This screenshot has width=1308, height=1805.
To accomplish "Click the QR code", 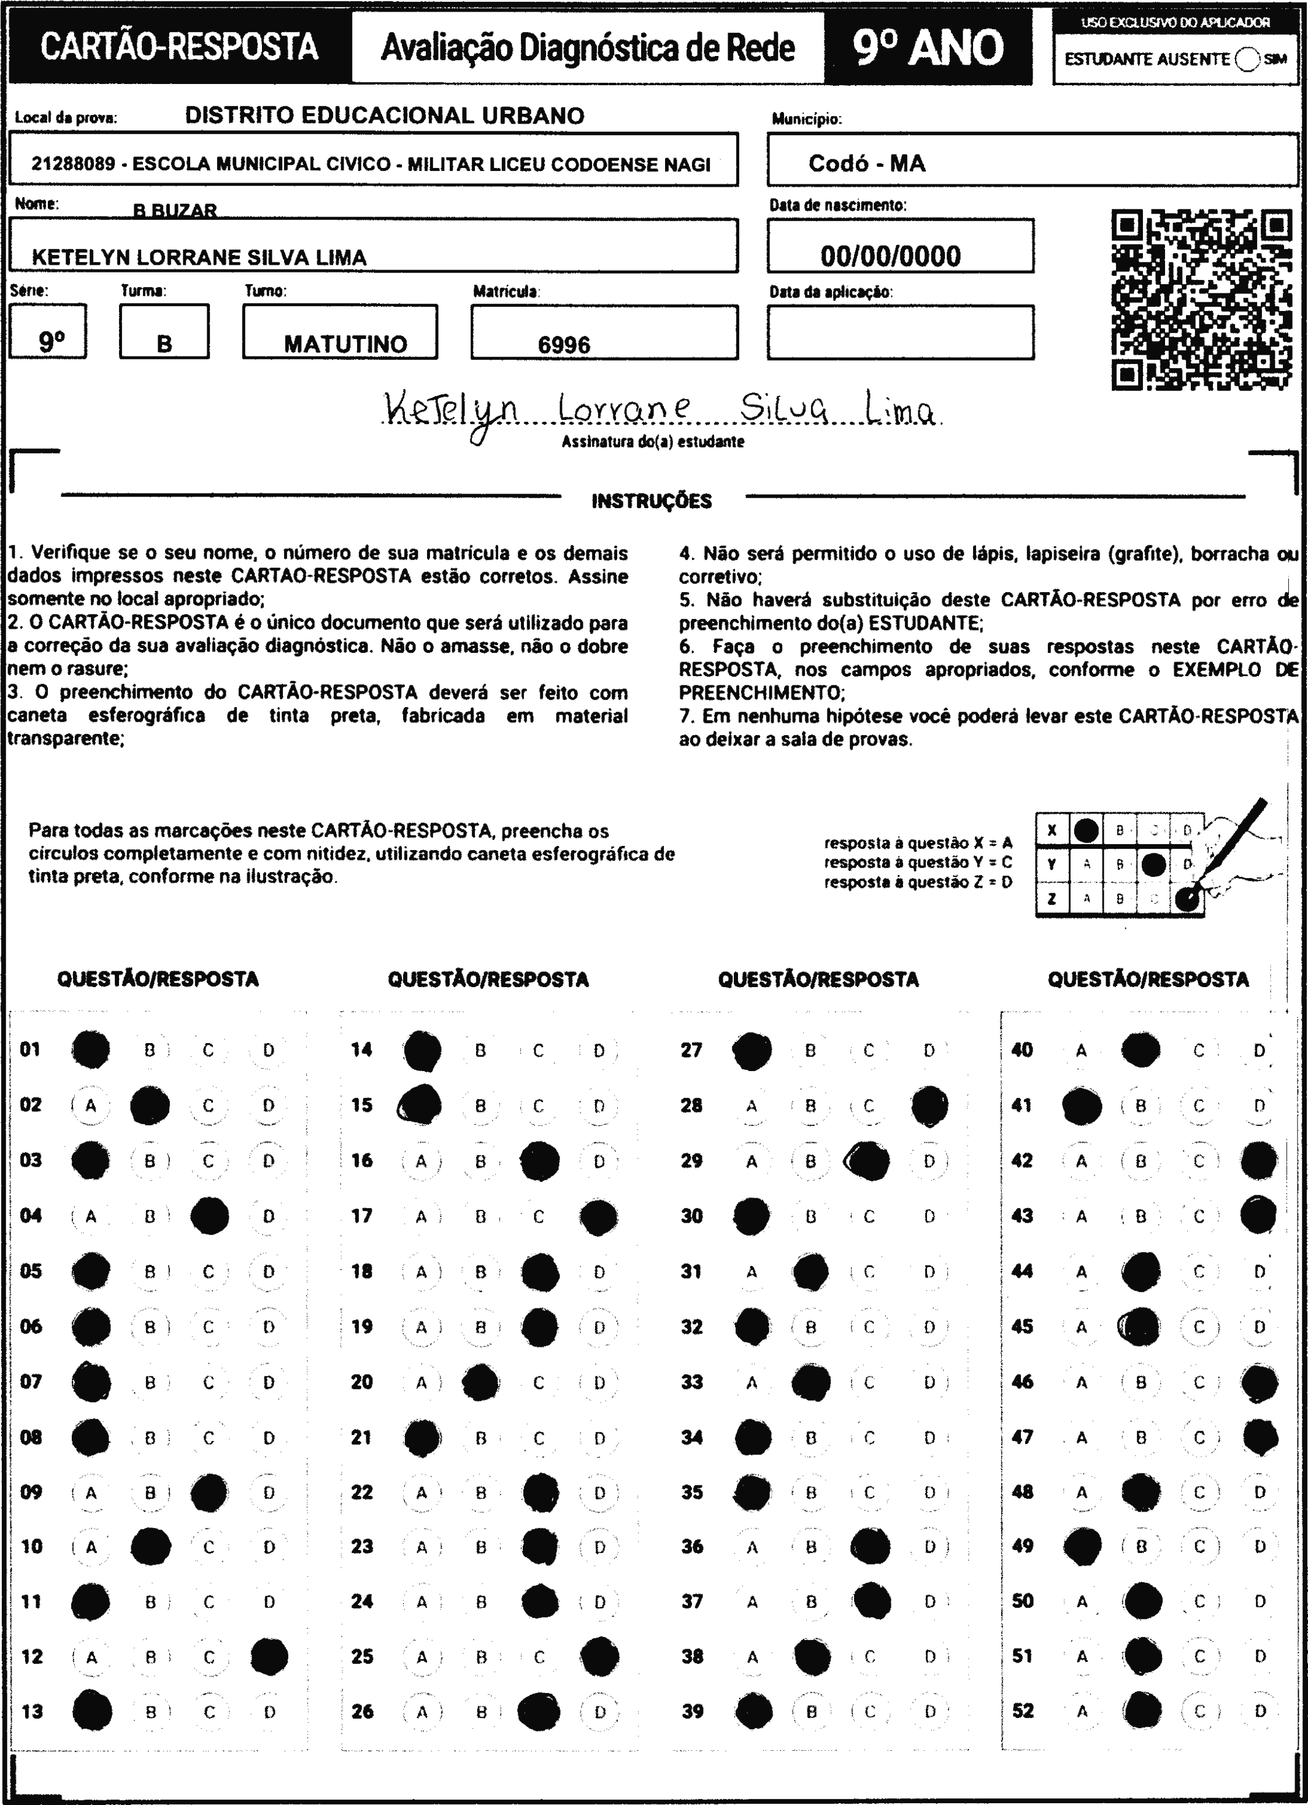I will [1201, 299].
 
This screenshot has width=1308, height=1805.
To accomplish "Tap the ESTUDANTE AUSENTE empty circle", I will [1247, 60].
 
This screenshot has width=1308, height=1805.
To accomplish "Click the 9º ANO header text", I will [928, 48].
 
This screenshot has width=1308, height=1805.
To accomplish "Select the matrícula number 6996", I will [564, 345].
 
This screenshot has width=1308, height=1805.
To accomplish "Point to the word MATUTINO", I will [345, 344].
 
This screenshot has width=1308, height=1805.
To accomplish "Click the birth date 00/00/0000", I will [891, 256].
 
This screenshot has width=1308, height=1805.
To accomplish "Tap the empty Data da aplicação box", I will [900, 332].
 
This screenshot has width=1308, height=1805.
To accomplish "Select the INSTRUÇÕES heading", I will [651, 501].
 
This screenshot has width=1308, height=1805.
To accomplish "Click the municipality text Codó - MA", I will [867, 163].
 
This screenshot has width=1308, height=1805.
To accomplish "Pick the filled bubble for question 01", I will [91, 1050].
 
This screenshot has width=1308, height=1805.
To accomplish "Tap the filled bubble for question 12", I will [269, 1657].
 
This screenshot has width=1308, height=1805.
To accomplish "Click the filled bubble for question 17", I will [599, 1216].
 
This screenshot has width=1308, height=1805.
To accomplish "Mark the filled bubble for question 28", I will [929, 1106].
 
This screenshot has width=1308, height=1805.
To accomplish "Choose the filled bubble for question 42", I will [1258, 1160].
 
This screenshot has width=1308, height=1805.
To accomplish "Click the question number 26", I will [362, 1712].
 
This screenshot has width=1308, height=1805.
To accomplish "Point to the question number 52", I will [1023, 1710].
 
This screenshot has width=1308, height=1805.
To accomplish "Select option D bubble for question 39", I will [929, 1712].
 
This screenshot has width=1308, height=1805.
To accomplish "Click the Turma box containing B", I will [164, 332].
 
